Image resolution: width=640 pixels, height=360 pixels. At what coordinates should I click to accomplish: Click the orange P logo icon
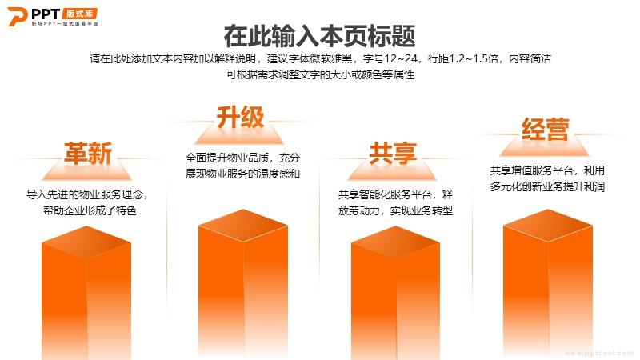click(17, 16)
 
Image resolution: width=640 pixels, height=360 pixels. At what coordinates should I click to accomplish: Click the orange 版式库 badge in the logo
click(80, 14)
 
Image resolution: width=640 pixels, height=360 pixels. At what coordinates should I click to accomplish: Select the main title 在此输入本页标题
click(319, 36)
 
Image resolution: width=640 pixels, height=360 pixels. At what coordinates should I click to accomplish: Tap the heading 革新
click(88, 154)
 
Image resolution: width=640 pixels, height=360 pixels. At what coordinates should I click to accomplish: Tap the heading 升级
click(241, 117)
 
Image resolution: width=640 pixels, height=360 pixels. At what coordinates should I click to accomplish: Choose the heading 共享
click(393, 154)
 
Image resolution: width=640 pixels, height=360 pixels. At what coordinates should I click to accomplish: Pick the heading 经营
click(546, 130)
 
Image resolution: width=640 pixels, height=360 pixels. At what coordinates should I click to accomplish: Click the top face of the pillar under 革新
click(86, 242)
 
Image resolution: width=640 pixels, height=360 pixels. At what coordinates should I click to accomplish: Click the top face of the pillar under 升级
click(243, 225)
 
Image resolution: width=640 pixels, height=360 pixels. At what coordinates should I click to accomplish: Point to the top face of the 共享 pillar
click(395, 242)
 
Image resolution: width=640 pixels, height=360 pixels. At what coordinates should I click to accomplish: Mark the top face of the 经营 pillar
click(548, 225)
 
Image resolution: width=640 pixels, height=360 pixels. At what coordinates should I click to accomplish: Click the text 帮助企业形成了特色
click(90, 210)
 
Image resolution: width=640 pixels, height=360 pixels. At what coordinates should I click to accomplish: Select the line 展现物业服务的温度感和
click(243, 174)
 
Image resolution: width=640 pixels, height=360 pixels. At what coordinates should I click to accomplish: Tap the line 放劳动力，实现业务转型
click(395, 210)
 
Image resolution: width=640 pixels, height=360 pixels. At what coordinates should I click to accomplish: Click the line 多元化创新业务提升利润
click(547, 186)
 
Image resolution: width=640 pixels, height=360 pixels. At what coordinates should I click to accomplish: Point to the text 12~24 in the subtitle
click(401, 58)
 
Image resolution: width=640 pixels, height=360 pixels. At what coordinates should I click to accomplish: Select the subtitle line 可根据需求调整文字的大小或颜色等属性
click(321, 74)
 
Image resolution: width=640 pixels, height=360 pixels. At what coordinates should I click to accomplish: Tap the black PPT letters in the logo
click(46, 14)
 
